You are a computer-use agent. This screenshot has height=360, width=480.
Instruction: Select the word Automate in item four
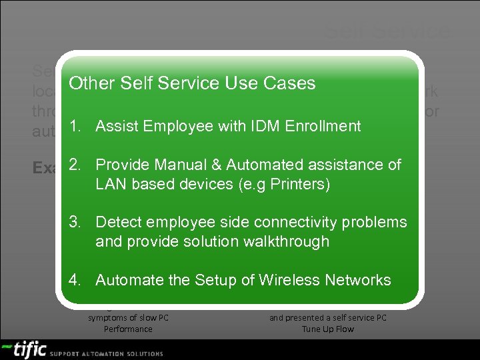[129, 280]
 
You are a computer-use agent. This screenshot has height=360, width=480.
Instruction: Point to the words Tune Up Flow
[328, 329]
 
